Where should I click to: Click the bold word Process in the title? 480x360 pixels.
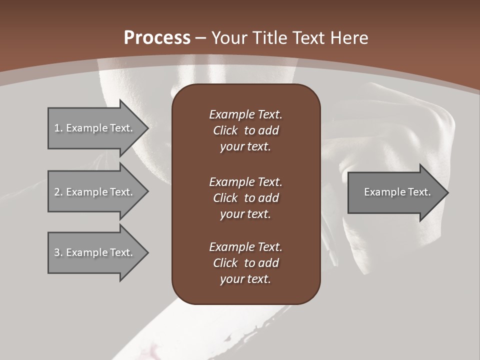click(157, 38)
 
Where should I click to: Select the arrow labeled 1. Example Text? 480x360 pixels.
click(95, 128)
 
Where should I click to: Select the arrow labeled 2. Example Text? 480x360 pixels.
click(95, 192)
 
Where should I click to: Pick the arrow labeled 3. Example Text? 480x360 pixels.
click(95, 252)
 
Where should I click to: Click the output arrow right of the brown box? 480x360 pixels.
click(395, 192)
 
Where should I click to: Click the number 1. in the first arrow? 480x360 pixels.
click(58, 128)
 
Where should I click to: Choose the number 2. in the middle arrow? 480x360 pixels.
click(58, 192)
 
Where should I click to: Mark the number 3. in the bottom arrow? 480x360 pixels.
click(58, 252)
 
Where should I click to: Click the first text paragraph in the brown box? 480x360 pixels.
click(245, 130)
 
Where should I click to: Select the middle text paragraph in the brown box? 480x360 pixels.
click(245, 197)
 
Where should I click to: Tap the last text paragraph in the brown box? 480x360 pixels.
click(245, 263)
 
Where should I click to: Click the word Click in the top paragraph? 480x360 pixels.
click(225, 130)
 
